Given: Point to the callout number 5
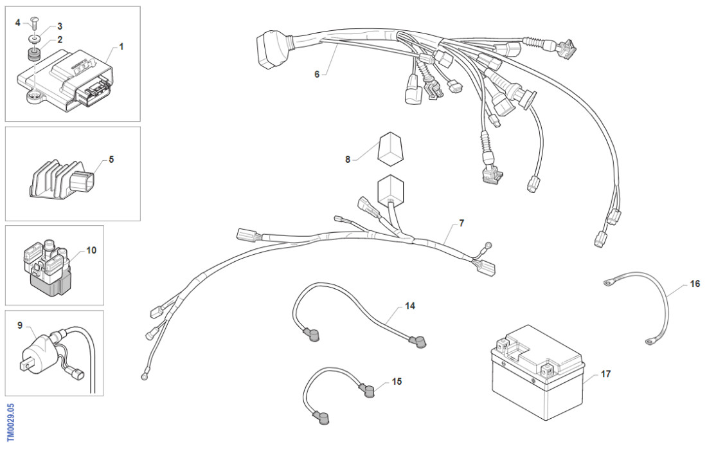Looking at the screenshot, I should click(111, 158).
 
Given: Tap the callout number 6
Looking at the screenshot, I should click(317, 74).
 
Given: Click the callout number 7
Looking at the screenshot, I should click(461, 223).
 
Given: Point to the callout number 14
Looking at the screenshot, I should click(410, 306).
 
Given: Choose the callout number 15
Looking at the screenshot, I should click(397, 382).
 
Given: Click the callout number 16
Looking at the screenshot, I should click(695, 283).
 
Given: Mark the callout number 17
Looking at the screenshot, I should click(605, 373).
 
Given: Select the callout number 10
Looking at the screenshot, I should click(91, 250).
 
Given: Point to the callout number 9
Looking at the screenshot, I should click(21, 326).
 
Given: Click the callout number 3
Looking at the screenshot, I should click(60, 26).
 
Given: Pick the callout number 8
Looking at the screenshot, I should click(348, 159).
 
